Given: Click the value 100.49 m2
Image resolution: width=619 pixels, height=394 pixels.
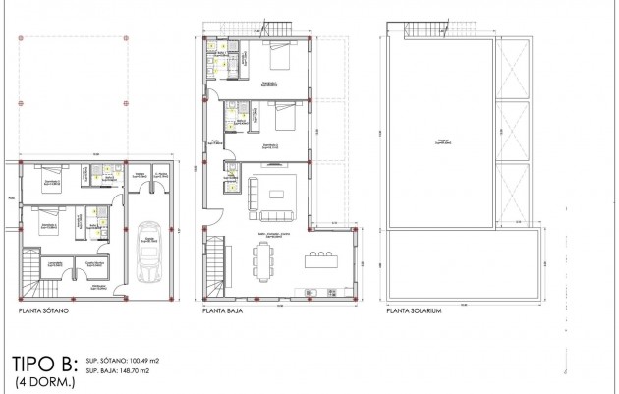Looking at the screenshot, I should coord(138,362).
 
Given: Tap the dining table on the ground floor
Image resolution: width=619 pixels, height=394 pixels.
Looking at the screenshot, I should coord(264,260).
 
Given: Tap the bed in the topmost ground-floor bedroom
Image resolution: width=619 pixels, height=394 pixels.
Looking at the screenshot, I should coord(274,60).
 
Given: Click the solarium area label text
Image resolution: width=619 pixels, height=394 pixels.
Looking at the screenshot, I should coord(442,140).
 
